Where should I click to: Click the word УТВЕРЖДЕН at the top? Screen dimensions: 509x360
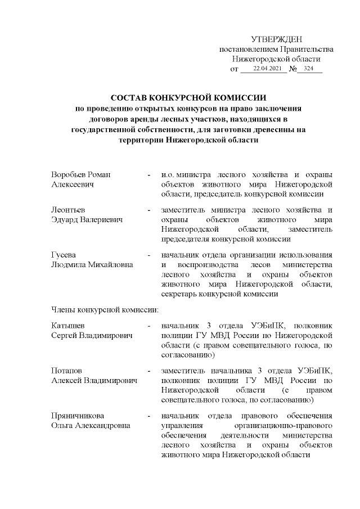[276, 39]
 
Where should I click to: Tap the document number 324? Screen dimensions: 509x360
[308, 69]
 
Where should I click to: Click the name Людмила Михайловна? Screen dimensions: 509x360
[93, 264]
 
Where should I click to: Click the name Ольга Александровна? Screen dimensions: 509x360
[91, 425]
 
